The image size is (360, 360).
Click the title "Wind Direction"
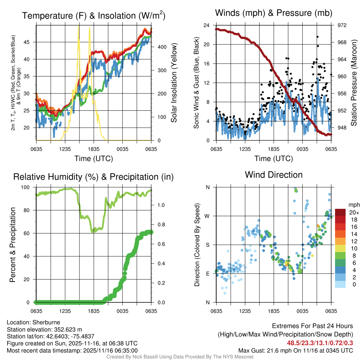point(274,175)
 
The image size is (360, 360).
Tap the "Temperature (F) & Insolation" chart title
point(94,16)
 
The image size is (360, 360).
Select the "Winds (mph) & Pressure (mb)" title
point(274,13)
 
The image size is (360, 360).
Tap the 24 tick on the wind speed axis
point(207,25)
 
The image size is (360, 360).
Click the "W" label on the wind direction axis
point(207,216)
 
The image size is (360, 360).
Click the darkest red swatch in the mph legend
point(340,212)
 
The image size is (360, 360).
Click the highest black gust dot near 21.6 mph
point(317,37)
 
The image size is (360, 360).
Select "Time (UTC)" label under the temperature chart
point(94,159)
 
